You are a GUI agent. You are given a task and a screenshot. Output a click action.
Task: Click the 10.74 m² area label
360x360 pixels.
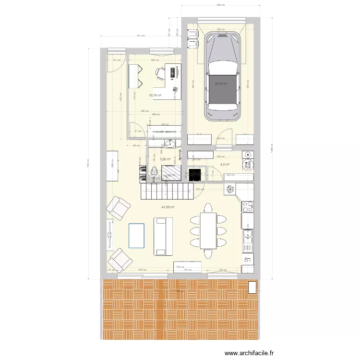pyautogui.click(x=155, y=95)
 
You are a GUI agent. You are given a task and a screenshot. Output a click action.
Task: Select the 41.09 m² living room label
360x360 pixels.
pyautogui.click(x=168, y=207)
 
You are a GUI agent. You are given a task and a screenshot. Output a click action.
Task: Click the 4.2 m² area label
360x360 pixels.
pyautogui.click(x=225, y=164)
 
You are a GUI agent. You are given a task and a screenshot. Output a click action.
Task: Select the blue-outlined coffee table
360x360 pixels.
pyautogui.click(x=136, y=235)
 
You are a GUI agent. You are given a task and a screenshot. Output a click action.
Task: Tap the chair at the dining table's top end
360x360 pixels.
pyautogui.click(x=208, y=207)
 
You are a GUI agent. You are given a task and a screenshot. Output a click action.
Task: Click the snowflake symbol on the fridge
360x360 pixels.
pyautogui.click(x=230, y=189)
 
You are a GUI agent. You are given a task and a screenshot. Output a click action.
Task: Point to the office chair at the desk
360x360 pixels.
pyautogui.click(x=159, y=72)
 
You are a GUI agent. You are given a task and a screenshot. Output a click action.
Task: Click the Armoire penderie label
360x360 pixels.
pyautogui.click(x=165, y=131)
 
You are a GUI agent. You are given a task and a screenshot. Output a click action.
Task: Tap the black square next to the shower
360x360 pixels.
pyautogui.click(x=194, y=174)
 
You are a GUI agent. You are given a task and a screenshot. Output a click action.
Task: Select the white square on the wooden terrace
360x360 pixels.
pyautogui.click(x=252, y=287)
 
